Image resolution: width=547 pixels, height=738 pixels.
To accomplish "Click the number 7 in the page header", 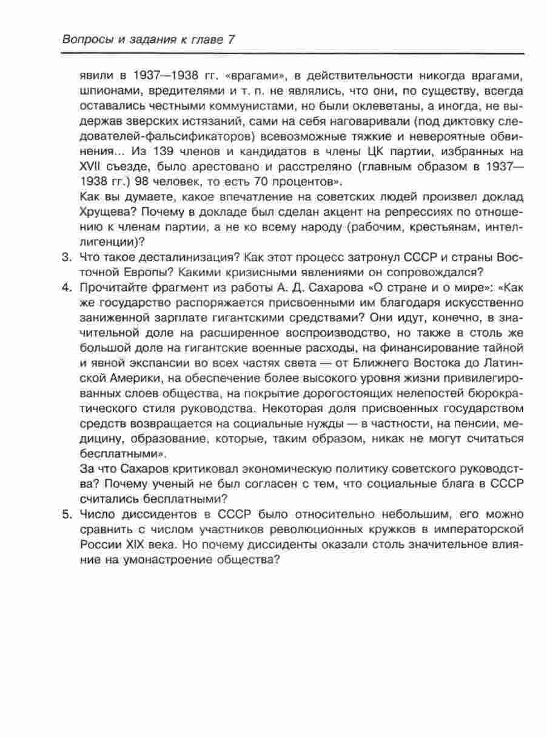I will (x=230, y=39).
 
